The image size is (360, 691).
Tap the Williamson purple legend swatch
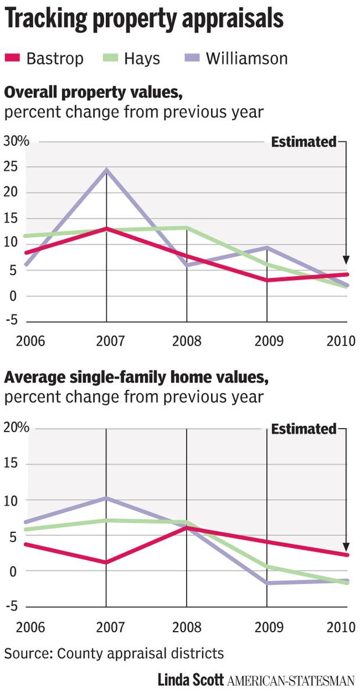tap(195, 58)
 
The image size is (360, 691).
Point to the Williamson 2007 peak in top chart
tap(106, 170)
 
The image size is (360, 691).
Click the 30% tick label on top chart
tap(16, 141)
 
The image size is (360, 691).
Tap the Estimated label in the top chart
tap(304, 141)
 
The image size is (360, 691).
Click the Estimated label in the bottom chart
tap(304, 429)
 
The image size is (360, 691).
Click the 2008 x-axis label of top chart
tap(187, 340)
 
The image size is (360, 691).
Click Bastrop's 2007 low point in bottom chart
tap(106, 562)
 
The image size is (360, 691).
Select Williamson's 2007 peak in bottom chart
tap(106, 498)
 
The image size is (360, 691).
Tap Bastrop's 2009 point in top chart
tap(267, 280)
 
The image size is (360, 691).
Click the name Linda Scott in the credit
tap(191, 679)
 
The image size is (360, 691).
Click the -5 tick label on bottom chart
tap(13, 606)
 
